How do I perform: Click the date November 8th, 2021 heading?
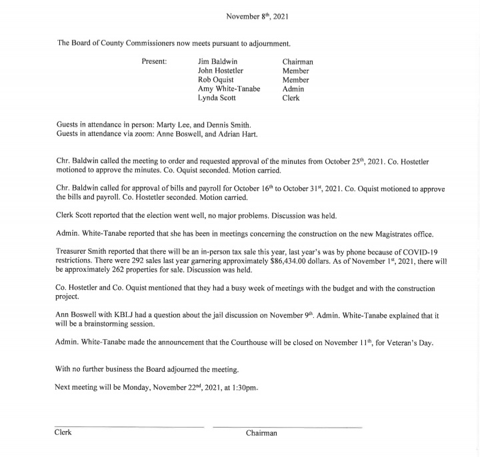tap(257, 15)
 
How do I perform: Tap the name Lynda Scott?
tap(218, 97)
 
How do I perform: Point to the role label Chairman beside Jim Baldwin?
tap(297, 62)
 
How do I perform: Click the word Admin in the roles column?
tap(293, 89)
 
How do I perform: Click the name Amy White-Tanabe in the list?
tap(229, 89)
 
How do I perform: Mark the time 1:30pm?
tap(244, 386)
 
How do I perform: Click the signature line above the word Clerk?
tap(129, 426)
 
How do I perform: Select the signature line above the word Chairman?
tap(287, 426)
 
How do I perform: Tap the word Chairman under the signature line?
tap(261, 433)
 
